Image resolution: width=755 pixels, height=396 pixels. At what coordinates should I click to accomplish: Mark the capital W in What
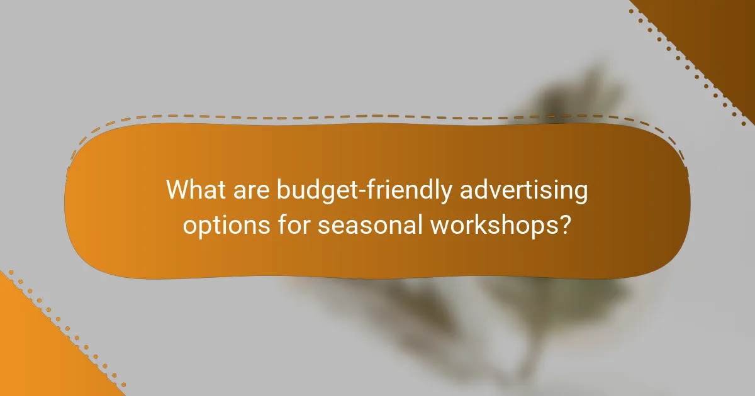pos(177,190)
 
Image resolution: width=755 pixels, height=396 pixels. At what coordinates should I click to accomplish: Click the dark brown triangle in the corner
pos(717,31)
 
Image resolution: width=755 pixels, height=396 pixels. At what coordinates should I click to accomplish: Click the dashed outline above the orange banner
pos(377,116)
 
